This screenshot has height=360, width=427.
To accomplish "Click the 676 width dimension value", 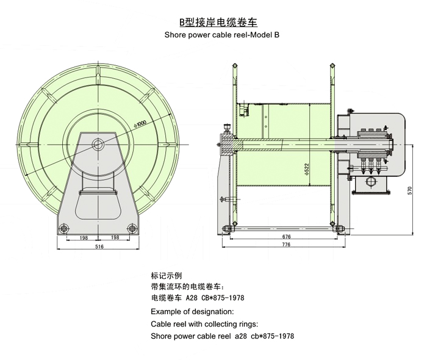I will [x=286, y=236].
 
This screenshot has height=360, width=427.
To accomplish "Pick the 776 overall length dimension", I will [x=286, y=244].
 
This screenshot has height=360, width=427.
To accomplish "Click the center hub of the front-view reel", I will [x=98, y=144].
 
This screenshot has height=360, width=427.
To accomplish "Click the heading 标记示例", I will [x=166, y=275].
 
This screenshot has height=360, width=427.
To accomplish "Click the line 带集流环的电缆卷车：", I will [x=188, y=287].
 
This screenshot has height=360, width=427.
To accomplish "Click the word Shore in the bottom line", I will [x=162, y=336].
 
